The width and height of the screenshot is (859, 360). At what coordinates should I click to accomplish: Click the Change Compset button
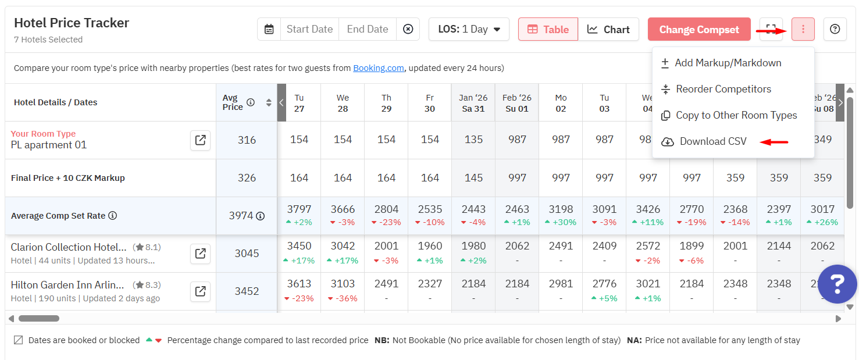[699, 30]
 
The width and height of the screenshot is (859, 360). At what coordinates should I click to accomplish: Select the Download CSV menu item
[712, 141]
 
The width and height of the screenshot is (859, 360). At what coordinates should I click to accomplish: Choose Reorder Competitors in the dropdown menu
[723, 89]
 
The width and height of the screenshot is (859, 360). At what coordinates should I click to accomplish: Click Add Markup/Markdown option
[728, 63]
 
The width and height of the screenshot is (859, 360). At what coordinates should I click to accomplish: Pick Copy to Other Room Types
[736, 115]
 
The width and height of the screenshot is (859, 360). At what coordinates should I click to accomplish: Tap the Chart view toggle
[608, 30]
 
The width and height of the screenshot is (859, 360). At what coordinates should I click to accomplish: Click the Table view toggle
[548, 30]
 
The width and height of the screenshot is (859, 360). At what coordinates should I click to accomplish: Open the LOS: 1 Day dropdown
[469, 29]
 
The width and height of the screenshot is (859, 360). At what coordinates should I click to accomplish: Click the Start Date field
[309, 29]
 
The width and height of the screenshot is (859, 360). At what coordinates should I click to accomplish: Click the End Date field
[367, 29]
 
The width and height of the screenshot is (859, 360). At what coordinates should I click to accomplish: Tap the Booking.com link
[378, 68]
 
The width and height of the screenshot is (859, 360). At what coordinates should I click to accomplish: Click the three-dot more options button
[803, 29]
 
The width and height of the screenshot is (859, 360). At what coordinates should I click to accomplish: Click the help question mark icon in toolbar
[835, 29]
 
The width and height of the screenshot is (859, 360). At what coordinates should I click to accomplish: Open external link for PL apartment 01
[200, 140]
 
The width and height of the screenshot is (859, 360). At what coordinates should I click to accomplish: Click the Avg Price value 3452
[247, 291]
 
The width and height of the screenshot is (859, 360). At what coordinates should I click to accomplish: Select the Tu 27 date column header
[299, 103]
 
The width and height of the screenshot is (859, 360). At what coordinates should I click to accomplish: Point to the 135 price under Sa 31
[473, 140]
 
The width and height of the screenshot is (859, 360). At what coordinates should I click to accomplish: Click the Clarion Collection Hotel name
[69, 247]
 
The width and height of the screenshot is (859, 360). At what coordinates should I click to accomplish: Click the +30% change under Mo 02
[561, 223]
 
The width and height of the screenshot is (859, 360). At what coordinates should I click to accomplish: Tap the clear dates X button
[408, 29]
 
